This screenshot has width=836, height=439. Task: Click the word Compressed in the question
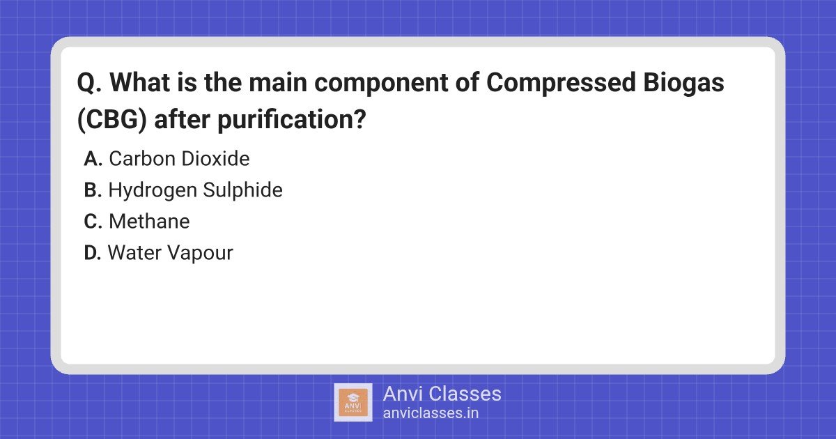coord(561,83)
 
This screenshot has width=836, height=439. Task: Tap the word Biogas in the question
coord(683,83)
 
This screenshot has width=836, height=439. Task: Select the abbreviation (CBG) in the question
coord(112,120)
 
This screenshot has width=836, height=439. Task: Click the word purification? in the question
coord(291,120)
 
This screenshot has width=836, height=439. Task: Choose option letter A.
coord(93,159)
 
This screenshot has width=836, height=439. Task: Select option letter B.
coord(93,190)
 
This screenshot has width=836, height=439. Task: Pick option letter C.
coord(93,222)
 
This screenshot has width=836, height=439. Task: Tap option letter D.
coord(93,253)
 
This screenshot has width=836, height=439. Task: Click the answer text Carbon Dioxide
coord(179,159)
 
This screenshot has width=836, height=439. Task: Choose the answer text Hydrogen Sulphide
coord(195,191)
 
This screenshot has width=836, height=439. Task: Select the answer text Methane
coord(149,222)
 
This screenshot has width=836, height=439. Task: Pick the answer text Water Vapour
coord(171,254)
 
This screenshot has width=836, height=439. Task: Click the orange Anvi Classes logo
coord(353,403)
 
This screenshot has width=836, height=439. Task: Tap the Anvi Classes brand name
coord(442,394)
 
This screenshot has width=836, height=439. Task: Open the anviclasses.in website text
coord(431,413)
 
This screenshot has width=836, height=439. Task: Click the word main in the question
coord(278,82)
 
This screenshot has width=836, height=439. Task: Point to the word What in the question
coord(140,82)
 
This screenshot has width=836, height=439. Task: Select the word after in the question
coord(182,120)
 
